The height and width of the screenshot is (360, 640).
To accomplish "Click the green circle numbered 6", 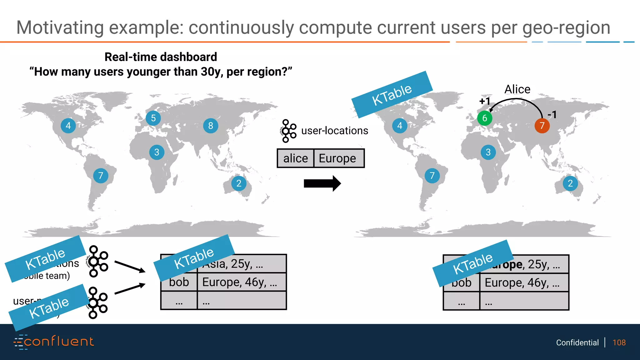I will pos(485,118).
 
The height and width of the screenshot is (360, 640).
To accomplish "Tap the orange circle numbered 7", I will pos(542,126).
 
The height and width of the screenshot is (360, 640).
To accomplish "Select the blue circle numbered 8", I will pos(211,126).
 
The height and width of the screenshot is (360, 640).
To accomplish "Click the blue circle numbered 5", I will pos(153,118).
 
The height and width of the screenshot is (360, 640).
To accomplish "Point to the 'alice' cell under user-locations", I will pos(295,158).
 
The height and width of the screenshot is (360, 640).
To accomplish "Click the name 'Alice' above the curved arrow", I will pos(517,89).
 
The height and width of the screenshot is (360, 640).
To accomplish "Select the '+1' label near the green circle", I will pos(485,101).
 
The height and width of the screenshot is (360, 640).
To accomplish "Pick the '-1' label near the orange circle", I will pos(552,115).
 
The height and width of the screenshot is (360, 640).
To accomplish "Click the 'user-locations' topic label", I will pos(334,131).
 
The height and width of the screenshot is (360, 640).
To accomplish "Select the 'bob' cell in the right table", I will pos(462,283).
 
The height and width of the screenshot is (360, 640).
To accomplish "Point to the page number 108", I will pos(619,342).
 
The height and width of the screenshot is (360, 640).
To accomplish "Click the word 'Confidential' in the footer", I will pos(577,342).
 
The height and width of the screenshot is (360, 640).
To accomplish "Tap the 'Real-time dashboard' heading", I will pos(161,57).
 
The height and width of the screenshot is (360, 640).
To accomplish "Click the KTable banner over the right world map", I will pos(392,94).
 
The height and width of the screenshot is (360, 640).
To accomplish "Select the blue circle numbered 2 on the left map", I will pos(239,183).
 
